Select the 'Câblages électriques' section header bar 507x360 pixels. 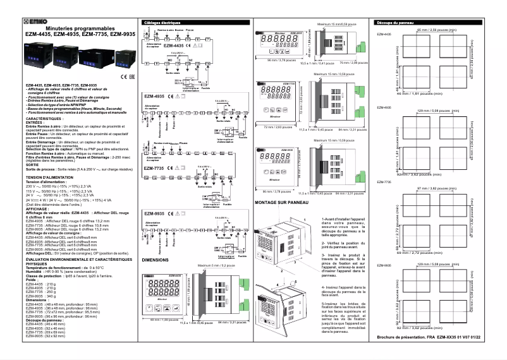tap(192, 22)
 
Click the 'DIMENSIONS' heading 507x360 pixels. tap(156, 260)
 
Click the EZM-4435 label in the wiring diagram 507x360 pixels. tap(173, 46)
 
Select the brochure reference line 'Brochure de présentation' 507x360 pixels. tap(432, 338)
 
